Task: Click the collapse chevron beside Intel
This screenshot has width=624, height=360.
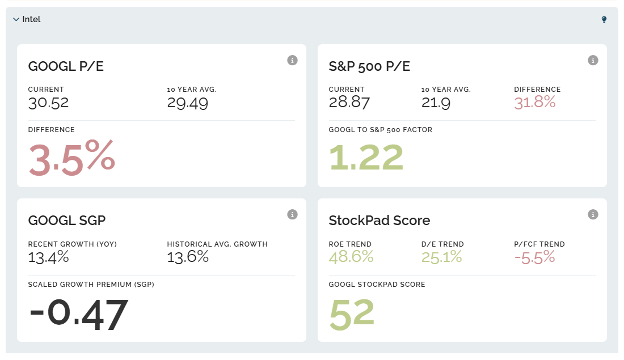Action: (x=16, y=20)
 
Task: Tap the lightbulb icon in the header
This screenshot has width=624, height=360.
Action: (x=604, y=20)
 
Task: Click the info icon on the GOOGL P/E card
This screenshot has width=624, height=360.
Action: (x=292, y=60)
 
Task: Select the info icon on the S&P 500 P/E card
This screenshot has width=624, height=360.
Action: (x=593, y=60)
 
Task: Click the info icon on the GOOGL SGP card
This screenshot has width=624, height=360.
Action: (x=292, y=214)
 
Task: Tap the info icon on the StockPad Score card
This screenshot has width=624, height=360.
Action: (x=593, y=214)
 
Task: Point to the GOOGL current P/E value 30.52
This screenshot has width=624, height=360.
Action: (x=48, y=103)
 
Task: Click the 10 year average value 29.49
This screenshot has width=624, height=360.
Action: (x=187, y=103)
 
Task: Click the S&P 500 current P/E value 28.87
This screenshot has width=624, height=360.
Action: (x=349, y=103)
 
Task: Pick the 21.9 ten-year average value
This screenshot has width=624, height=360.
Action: (x=436, y=103)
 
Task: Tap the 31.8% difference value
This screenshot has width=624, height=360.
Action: (x=534, y=103)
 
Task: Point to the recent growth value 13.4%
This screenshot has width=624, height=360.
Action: (x=48, y=257)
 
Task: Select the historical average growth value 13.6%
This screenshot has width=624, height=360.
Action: (x=188, y=257)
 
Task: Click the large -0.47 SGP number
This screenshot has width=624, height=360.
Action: (x=78, y=314)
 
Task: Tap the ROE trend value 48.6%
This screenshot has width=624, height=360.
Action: (x=351, y=257)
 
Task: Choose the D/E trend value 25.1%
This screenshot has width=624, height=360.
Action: (x=441, y=257)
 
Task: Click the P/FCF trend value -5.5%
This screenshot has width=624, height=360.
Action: (x=534, y=257)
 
